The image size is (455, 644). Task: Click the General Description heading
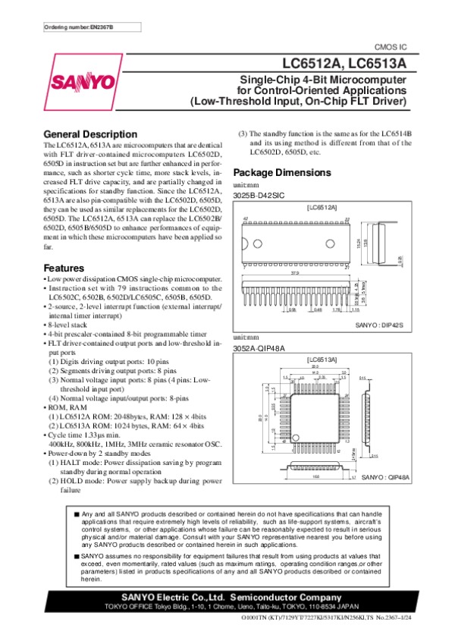pyautogui.click(x=90, y=134)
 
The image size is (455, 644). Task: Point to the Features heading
pyautogui.click(x=64, y=269)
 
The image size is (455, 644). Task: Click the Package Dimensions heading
pyautogui.click(x=284, y=171)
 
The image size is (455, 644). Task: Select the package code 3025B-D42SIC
pyautogui.click(x=259, y=195)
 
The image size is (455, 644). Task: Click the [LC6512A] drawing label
pyautogui.click(x=322, y=206)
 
